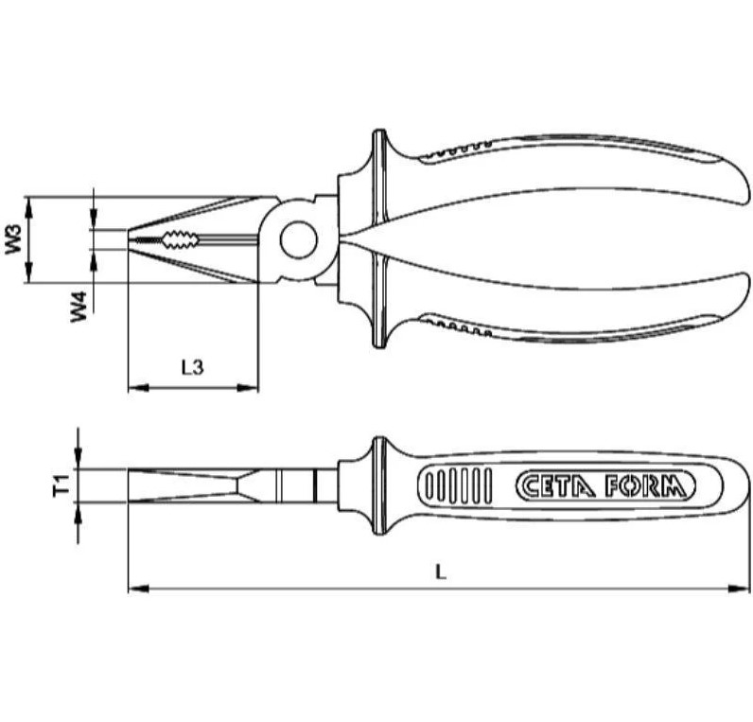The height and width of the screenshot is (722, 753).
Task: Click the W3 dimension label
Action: pyautogui.click(x=13, y=239)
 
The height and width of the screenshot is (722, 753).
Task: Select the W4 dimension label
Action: pyautogui.click(x=81, y=307)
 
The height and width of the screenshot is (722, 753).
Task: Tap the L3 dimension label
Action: pyautogui.click(x=192, y=367)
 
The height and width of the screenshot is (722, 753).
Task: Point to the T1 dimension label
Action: pyautogui.click(x=60, y=486)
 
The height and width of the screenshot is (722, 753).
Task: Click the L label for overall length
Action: pyautogui.click(x=439, y=570)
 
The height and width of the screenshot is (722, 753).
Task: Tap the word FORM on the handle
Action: pyautogui.click(x=645, y=486)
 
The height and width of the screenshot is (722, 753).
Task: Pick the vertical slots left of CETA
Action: pyautogui.click(x=459, y=486)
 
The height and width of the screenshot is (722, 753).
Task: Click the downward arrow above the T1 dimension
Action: pyautogui.click(x=79, y=460)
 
